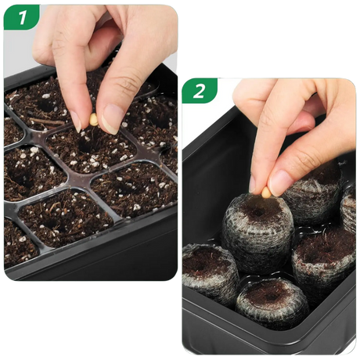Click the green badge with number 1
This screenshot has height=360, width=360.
[21, 16]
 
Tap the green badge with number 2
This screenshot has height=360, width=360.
[200, 90]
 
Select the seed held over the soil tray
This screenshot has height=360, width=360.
[93, 120]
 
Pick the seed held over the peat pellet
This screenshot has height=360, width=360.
[266, 193]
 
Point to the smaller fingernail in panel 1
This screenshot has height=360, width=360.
[76, 122]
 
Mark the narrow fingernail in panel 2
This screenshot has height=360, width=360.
[252, 184]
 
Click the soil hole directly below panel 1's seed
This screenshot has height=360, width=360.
[85, 145]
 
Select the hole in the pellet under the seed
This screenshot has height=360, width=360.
[258, 212]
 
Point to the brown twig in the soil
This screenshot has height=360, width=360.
[47, 121]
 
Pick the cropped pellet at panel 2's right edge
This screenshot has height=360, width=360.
[348, 209]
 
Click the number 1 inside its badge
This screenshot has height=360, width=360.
[23, 17]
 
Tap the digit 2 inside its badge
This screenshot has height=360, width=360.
[199, 91]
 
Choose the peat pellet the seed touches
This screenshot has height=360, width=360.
[257, 233]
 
